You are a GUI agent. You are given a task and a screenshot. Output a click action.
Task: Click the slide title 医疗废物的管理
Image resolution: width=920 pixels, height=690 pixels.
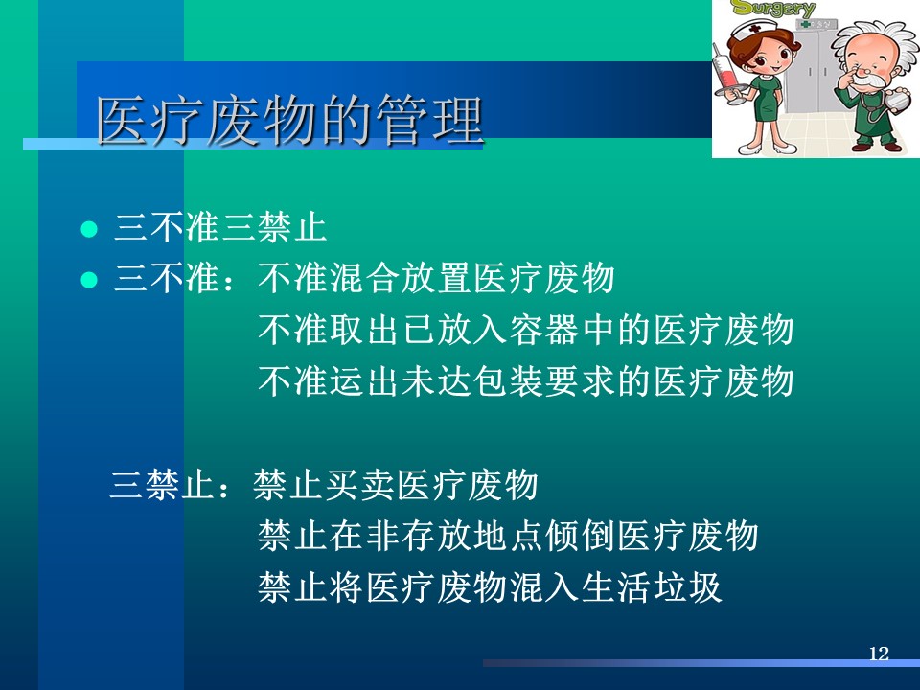[x=289, y=121]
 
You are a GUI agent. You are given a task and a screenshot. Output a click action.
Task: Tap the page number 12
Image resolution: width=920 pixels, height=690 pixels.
[x=879, y=653]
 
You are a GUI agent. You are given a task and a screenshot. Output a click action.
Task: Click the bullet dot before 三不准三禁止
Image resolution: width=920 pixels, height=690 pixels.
[x=88, y=228]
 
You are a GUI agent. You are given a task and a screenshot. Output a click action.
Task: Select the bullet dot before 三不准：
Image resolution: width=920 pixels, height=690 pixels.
[x=88, y=279]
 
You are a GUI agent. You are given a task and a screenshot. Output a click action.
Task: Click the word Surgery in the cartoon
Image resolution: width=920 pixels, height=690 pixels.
[x=774, y=9]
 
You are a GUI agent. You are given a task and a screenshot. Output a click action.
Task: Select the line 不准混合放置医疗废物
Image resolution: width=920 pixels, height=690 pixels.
[x=436, y=278]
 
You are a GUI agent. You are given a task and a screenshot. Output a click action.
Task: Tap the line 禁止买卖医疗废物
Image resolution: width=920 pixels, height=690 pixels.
[x=396, y=485]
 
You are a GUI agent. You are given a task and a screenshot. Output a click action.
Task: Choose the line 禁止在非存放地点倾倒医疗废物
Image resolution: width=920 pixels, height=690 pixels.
[x=508, y=536]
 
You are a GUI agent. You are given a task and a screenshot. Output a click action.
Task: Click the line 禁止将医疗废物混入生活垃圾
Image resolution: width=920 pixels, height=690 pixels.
[x=490, y=587]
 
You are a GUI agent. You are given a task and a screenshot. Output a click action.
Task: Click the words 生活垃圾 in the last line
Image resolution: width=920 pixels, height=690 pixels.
[x=651, y=587]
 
